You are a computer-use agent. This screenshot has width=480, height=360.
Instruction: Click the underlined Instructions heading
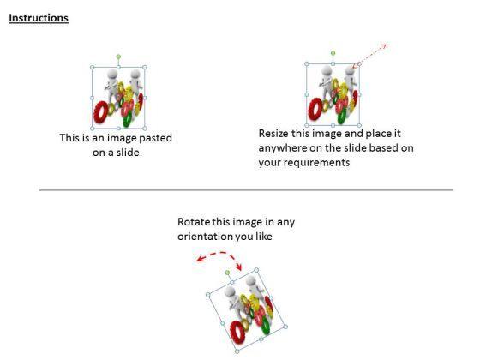(39, 18)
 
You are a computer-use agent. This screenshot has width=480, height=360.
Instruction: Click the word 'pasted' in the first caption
(155, 138)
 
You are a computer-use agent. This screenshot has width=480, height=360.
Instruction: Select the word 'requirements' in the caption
(320, 163)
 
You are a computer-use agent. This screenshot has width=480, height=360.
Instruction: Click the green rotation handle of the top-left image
(118, 57)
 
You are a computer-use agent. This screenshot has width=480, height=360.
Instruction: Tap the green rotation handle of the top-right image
(333, 53)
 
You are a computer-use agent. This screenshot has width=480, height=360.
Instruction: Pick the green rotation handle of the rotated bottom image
(227, 273)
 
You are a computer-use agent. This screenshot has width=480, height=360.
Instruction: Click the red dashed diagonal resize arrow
(369, 56)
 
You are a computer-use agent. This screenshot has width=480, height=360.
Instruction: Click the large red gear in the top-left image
(101, 112)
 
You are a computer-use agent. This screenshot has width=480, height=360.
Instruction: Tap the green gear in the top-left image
(128, 118)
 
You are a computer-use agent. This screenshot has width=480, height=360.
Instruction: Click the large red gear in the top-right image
(315, 110)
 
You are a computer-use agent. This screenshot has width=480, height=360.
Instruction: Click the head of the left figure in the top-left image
(112, 74)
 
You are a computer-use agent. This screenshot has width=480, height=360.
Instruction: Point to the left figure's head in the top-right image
(327, 71)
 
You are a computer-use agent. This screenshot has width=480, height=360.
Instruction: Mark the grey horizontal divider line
(246, 190)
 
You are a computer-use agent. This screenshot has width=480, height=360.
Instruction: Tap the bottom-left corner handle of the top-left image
(93, 129)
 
